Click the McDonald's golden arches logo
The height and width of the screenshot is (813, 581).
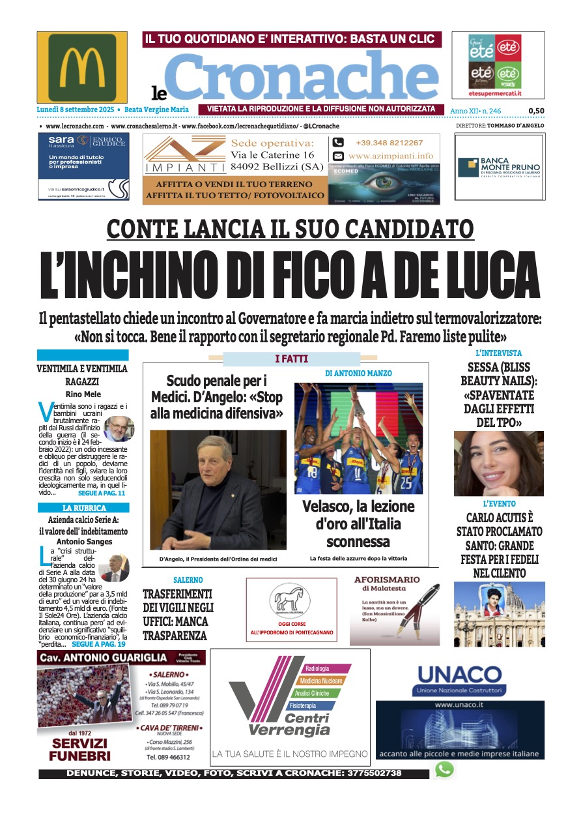click(82, 67)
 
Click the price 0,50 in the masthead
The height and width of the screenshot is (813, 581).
click(536, 111)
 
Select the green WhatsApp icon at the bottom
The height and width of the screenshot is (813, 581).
click(444, 770)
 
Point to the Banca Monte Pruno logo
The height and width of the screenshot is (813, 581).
click(500, 167)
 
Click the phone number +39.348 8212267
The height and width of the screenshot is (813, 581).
click(389, 143)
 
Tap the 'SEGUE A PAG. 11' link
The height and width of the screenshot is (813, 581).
click(101, 494)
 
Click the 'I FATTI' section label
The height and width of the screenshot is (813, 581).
click(291, 359)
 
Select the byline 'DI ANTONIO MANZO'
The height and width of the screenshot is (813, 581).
click(359, 374)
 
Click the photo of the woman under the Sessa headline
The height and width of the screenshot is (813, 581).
click(498, 463)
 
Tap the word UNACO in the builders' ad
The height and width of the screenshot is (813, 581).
click(459, 674)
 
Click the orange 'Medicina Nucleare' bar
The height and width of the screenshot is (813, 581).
click(321, 681)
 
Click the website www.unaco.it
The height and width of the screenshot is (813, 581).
click(459, 705)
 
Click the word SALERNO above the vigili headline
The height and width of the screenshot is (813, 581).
click(188, 580)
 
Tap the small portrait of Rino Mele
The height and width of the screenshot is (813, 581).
click(118, 428)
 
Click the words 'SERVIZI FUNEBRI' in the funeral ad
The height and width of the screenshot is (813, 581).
click(79, 750)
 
